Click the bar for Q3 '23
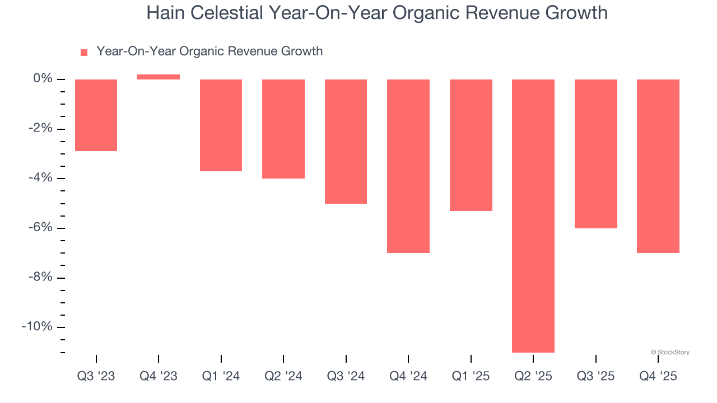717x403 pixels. click(x=96, y=115)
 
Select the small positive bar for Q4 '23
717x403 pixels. click(x=159, y=77)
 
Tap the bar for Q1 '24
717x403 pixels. click(x=221, y=125)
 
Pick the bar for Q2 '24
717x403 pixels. click(x=283, y=129)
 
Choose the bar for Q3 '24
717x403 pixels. click(x=346, y=141)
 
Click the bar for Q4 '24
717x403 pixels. click(x=408, y=166)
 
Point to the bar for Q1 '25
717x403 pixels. click(x=471, y=145)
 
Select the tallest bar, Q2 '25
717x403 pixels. click(x=533, y=215)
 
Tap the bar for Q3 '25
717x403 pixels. click(x=596, y=154)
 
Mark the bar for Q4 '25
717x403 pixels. click(x=658, y=166)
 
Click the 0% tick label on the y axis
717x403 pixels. click(x=43, y=79)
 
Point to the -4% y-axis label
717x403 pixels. click(x=40, y=178)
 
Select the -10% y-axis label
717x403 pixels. click(x=37, y=327)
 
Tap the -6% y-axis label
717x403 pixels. click(x=40, y=228)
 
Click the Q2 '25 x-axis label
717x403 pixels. click(x=533, y=376)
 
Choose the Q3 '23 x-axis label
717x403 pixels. click(x=96, y=376)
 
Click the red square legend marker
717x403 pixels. click(x=84, y=52)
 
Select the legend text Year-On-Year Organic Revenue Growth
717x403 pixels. click(x=209, y=51)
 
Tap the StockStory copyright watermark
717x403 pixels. click(x=670, y=353)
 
